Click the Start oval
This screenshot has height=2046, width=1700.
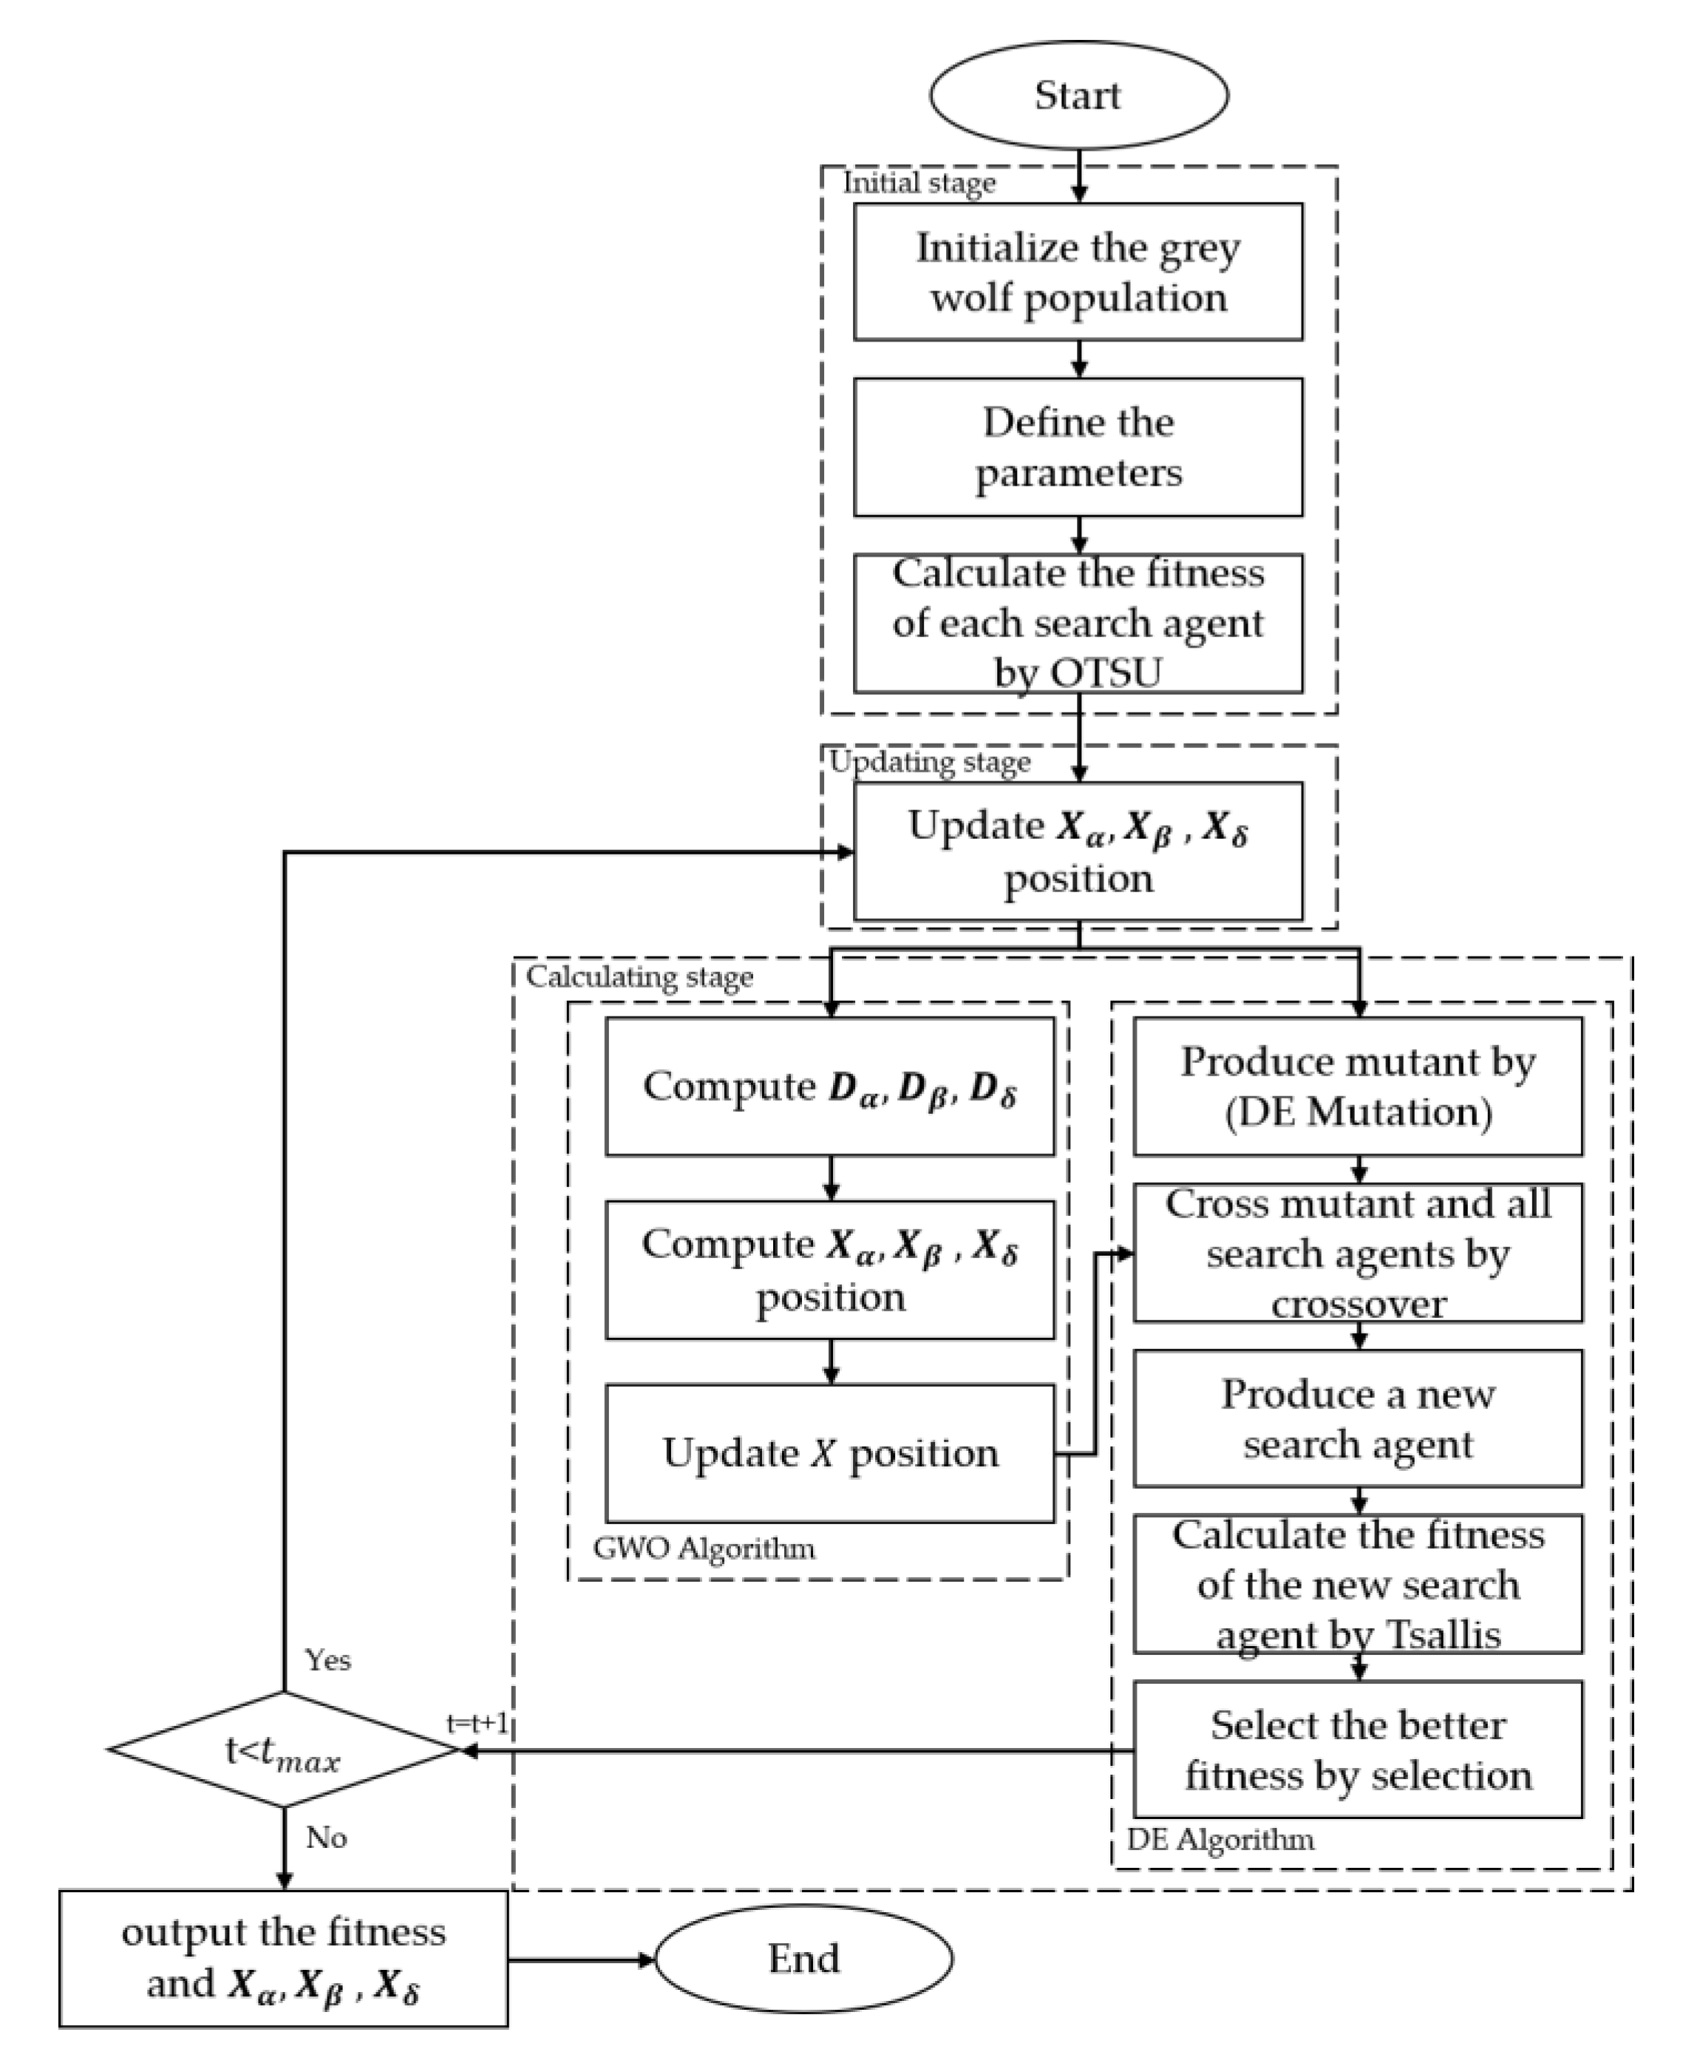1078,95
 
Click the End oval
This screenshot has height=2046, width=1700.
803,1958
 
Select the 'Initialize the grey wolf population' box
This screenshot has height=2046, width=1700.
1078,272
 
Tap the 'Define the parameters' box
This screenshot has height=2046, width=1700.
1078,447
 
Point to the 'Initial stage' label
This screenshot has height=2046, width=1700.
919,183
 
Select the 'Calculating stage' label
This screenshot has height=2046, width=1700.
639,977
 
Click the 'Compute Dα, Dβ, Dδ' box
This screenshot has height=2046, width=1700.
829,1087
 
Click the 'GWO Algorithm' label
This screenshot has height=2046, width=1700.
704,1548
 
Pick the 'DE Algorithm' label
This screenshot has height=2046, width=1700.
1220,1840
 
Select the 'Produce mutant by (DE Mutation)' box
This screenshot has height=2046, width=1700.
1357,1087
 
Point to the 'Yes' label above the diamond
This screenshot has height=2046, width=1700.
327,1660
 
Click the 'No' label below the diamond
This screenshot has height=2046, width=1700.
327,1838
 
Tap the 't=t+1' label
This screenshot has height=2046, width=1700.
477,1724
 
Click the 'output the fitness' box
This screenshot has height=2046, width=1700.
282,1958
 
